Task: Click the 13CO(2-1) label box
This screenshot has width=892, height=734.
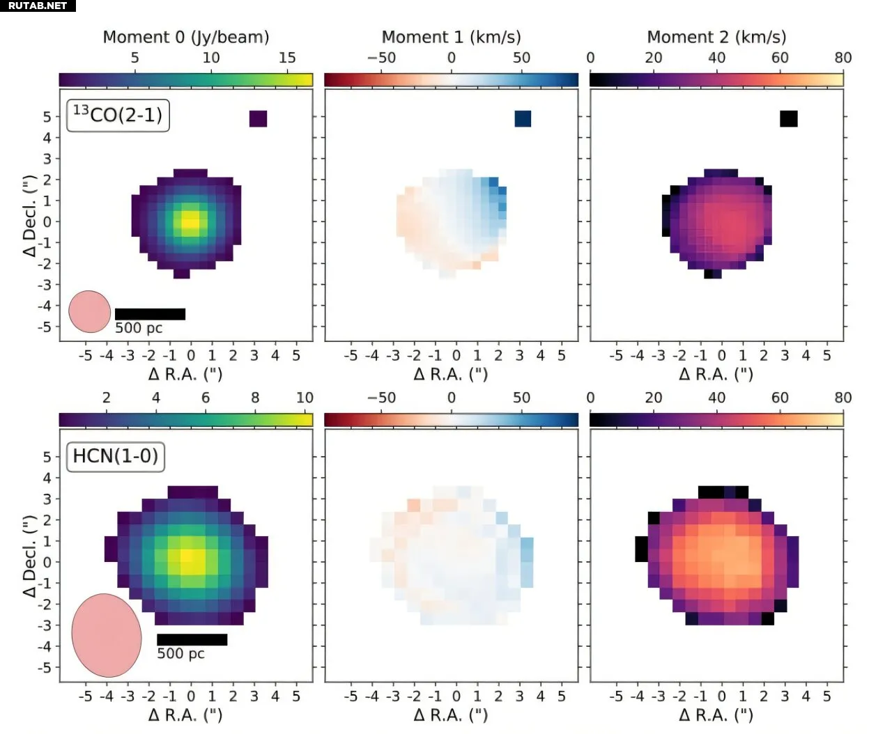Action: pos(118,115)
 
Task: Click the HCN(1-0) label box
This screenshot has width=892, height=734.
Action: pos(115,456)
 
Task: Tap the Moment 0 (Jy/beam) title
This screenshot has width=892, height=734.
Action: pos(185,37)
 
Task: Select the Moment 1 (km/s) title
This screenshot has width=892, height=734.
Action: pos(451,37)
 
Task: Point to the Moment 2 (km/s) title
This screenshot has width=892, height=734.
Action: pos(716,37)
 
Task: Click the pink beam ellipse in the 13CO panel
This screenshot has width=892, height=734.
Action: pos(90,311)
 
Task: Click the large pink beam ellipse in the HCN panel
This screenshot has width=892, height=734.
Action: pos(107,635)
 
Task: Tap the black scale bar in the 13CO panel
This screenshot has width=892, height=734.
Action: pos(150,314)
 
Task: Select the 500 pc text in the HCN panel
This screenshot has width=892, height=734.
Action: pos(180,654)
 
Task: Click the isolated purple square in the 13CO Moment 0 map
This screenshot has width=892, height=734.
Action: pos(258,119)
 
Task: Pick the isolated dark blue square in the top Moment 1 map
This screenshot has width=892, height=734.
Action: pos(523,119)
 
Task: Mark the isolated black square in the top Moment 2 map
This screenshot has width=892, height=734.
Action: pos(788,119)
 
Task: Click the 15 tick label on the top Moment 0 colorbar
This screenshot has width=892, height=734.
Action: pos(287,58)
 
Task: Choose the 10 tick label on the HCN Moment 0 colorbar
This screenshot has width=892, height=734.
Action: pos(305,398)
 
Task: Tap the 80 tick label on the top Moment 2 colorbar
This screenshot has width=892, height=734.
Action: pos(843,58)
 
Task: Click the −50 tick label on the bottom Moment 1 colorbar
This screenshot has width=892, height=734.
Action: pos(381,398)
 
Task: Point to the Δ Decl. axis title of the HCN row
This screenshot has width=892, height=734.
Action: pos(30,557)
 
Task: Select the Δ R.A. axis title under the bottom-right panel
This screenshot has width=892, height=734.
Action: pos(716,715)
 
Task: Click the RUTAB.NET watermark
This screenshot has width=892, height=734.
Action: pos(38,6)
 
